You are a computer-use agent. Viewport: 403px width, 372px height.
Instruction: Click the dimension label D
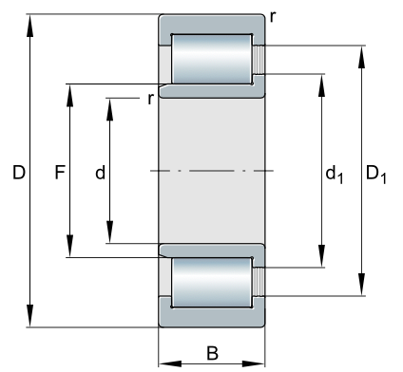[19, 173]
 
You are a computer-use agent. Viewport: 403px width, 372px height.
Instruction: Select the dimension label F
[60, 173]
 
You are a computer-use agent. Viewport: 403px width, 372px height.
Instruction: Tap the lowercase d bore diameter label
[100, 173]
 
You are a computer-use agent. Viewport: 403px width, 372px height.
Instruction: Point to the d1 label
[335, 176]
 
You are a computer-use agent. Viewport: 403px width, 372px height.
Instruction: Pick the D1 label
[376, 176]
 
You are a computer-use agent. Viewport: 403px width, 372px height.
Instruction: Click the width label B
[212, 353]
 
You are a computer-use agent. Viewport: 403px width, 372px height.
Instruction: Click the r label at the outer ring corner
[273, 17]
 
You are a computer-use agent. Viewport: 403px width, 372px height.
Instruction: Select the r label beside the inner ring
[150, 100]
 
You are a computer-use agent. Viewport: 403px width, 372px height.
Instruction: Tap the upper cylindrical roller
[212, 59]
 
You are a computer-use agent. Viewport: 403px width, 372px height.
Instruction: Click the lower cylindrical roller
[212, 282]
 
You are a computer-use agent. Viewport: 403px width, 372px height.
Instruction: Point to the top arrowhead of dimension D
[29, 26]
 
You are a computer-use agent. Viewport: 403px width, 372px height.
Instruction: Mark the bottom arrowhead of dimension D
[29, 316]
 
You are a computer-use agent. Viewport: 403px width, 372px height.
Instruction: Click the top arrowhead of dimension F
[69, 96]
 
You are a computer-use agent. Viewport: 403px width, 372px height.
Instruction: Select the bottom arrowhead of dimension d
[109, 232]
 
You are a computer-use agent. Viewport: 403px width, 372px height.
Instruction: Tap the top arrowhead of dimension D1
[361, 57]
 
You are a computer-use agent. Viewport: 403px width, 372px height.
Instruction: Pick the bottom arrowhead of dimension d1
[321, 256]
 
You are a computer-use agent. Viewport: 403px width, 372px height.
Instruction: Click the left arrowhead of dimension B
[170, 363]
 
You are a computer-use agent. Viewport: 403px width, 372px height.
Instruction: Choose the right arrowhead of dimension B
[253, 363]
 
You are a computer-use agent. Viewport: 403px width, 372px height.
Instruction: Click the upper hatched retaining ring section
[259, 60]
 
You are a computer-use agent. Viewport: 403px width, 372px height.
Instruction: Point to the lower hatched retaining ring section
[259, 282]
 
